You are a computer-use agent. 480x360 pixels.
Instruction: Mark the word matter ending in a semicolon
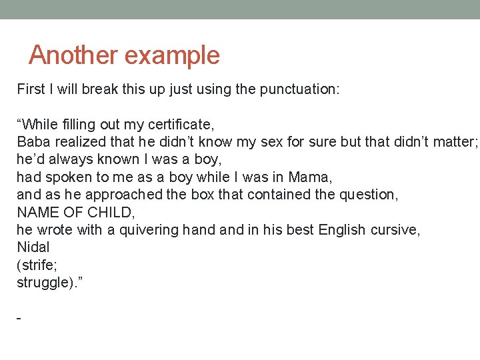point(455,142)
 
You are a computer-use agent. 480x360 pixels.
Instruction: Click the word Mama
point(310,177)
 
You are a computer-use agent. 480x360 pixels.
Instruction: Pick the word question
point(368,195)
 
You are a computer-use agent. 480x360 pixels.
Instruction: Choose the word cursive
point(394,230)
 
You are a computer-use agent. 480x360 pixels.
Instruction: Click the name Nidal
point(33,247)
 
